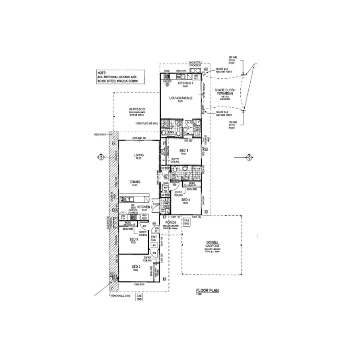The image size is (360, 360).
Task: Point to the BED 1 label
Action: (183, 151)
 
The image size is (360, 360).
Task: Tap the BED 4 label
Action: (186, 200)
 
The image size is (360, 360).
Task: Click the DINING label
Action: (135, 182)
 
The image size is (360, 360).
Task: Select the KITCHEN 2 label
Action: (145, 207)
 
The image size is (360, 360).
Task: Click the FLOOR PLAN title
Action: (207, 290)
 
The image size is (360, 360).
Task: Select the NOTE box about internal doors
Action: (120, 77)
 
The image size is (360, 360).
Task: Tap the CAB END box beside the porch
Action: (187, 222)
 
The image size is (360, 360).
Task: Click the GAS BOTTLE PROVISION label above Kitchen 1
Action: (195, 64)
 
